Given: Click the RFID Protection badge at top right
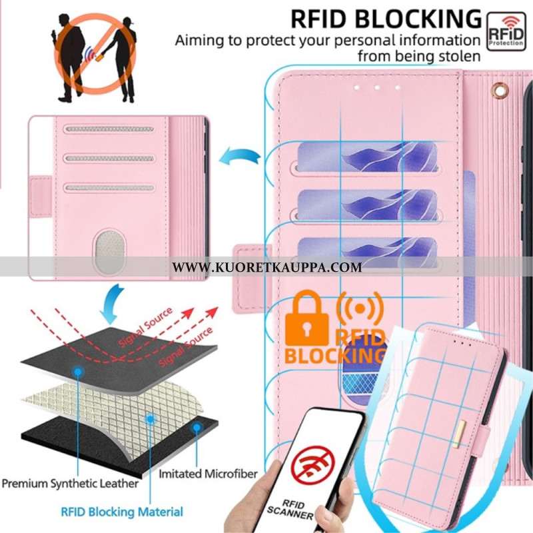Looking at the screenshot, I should pyautogui.click(x=506, y=30).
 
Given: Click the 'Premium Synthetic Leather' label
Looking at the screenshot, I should pyautogui.click(x=69, y=482).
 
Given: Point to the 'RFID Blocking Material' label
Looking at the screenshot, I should pyautogui.click(x=122, y=512).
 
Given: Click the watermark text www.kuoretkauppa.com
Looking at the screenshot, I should pyautogui.click(x=266, y=268).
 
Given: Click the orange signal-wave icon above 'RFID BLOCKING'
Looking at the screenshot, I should pyautogui.click(x=360, y=308).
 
